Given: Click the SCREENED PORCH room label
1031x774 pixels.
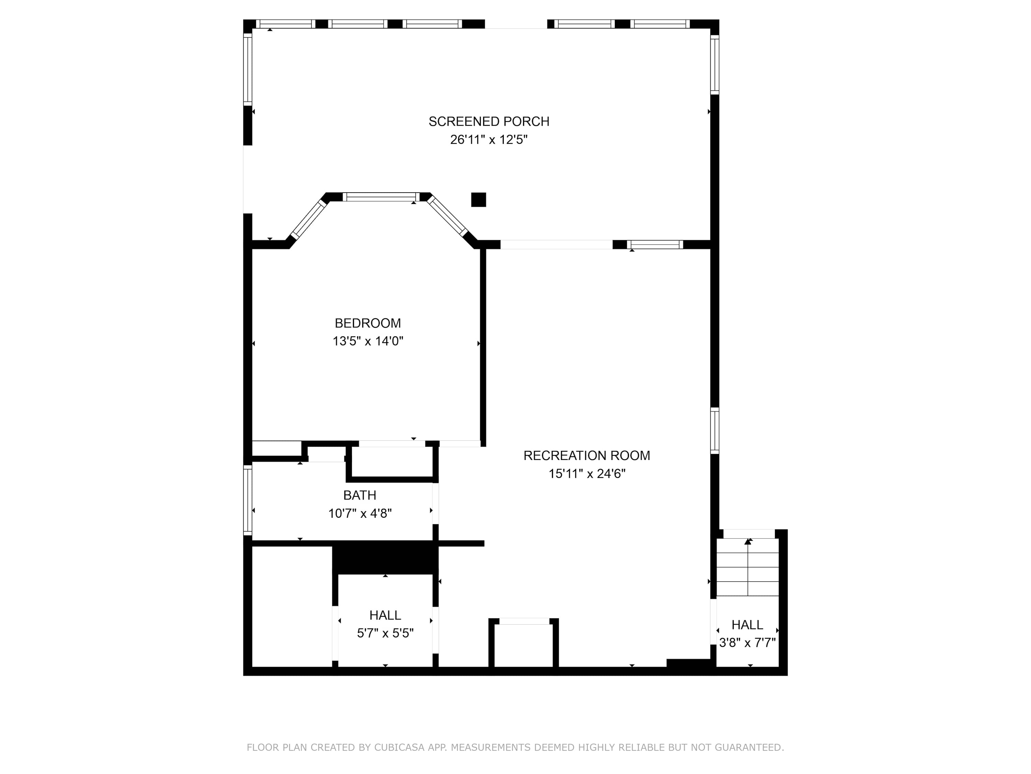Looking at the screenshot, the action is point(489,122).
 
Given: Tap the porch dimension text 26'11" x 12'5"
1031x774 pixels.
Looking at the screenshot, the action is point(489,140).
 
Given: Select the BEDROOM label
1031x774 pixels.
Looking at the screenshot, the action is point(368,323).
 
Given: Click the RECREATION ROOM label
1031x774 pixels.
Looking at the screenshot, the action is point(587,456).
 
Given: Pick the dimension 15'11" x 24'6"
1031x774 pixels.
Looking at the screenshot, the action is point(587,474).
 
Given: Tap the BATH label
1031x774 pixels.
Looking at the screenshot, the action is point(360,495).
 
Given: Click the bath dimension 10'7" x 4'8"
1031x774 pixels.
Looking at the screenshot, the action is point(360,514).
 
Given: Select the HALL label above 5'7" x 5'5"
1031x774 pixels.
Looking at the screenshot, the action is point(386,615).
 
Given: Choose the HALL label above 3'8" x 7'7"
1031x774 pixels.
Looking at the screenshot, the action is point(747,625).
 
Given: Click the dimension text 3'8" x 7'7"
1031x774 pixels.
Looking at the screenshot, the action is point(747,643).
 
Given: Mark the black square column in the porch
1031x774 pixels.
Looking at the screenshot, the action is point(479,200).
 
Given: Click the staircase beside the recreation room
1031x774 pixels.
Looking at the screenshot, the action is point(747,567).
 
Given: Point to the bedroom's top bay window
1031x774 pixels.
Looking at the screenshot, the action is point(381,197).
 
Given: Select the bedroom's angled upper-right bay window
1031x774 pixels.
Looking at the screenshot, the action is point(447,216).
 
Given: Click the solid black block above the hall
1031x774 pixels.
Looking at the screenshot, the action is point(386,558).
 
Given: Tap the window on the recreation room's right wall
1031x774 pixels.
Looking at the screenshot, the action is point(714,431).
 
